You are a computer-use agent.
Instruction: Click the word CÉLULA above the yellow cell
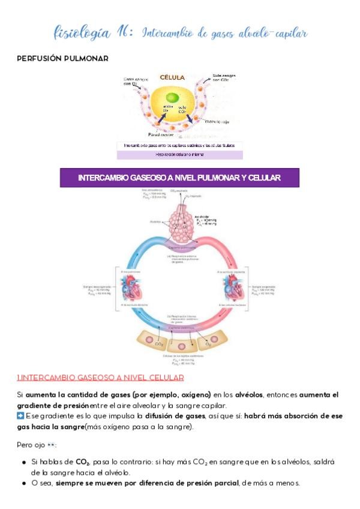[x=172, y=77]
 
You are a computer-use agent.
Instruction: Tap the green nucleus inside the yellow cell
[x=172, y=98]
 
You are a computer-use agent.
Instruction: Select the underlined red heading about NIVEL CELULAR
[x=100, y=377]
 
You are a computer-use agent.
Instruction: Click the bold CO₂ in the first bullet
[x=82, y=462]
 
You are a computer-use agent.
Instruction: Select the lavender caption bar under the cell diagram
[x=179, y=154]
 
